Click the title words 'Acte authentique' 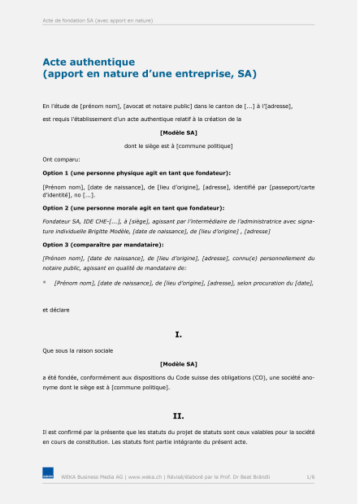coord(89,61)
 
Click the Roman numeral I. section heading coord(179,334)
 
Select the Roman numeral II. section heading coord(179,415)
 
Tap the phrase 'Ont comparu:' coord(61,159)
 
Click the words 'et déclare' coord(56,310)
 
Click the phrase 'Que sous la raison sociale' coord(78,350)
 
